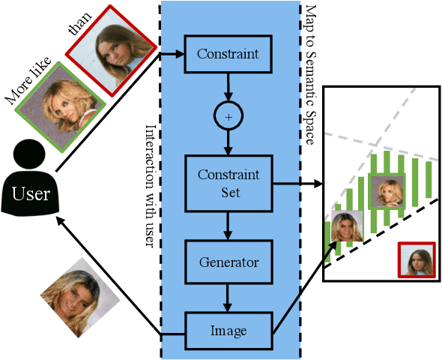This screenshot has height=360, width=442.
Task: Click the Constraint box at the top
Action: (x=228, y=54)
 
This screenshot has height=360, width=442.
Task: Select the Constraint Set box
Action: (x=228, y=182)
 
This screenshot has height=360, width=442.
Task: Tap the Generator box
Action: (x=228, y=262)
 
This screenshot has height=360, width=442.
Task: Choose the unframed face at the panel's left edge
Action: (x=344, y=229)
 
